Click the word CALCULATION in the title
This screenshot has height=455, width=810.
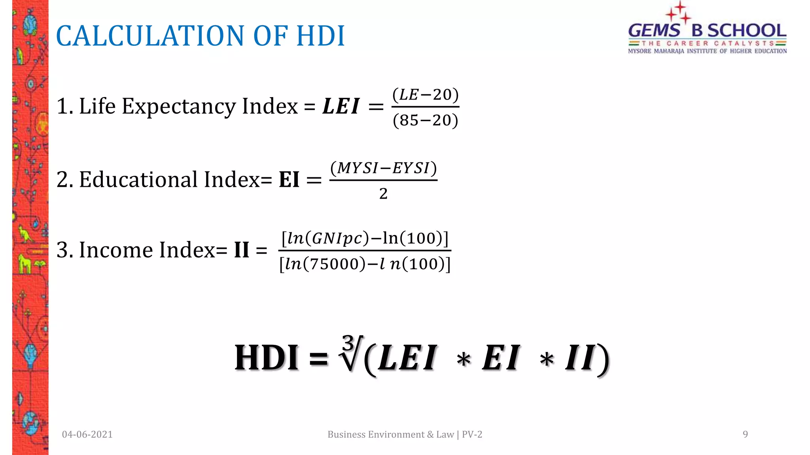(x=151, y=36)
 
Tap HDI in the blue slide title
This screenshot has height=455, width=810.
(x=320, y=36)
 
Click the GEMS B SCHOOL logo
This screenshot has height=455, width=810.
(x=707, y=32)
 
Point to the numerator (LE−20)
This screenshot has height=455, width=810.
(x=426, y=95)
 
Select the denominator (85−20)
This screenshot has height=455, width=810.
(x=426, y=120)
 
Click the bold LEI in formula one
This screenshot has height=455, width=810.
(x=341, y=106)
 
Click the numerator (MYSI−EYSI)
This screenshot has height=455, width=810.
(x=383, y=168)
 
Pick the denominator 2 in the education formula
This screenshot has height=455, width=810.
(x=383, y=194)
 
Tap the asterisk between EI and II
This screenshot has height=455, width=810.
(x=547, y=360)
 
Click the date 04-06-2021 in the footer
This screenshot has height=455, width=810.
(x=87, y=434)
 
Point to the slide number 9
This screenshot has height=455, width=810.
(x=745, y=434)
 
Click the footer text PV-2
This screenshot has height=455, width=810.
(x=472, y=434)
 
